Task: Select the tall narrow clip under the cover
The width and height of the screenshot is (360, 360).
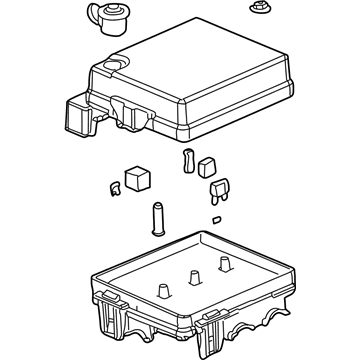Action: click(x=187, y=162)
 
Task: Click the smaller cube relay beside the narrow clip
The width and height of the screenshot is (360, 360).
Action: click(x=207, y=168)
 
